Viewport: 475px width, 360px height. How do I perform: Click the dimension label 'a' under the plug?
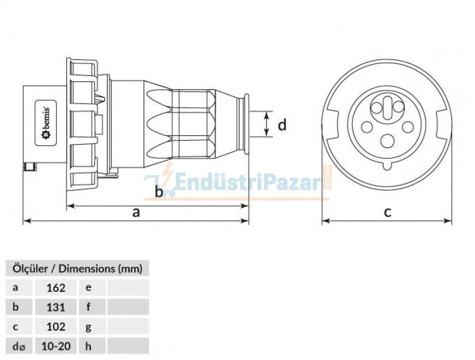tap(136, 212)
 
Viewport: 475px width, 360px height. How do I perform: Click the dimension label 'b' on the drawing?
tap(159, 191)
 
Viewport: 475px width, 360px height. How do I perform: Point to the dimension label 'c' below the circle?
tap(387, 212)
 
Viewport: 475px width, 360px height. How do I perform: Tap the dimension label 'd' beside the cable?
tap(282, 124)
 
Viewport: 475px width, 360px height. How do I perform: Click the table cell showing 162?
tap(55, 287)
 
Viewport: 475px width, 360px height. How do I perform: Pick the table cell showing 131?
tap(55, 307)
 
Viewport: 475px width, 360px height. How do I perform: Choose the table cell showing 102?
tap(55, 327)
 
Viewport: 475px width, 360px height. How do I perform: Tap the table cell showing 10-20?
tap(55, 346)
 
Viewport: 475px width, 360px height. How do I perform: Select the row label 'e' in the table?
tap(89, 287)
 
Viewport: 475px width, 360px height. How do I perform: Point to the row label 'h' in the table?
tap(89, 346)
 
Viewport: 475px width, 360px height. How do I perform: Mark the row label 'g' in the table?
tap(89, 327)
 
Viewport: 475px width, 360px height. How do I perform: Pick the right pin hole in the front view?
tap(408, 126)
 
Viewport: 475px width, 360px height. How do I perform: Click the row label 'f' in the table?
tap(89, 307)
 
